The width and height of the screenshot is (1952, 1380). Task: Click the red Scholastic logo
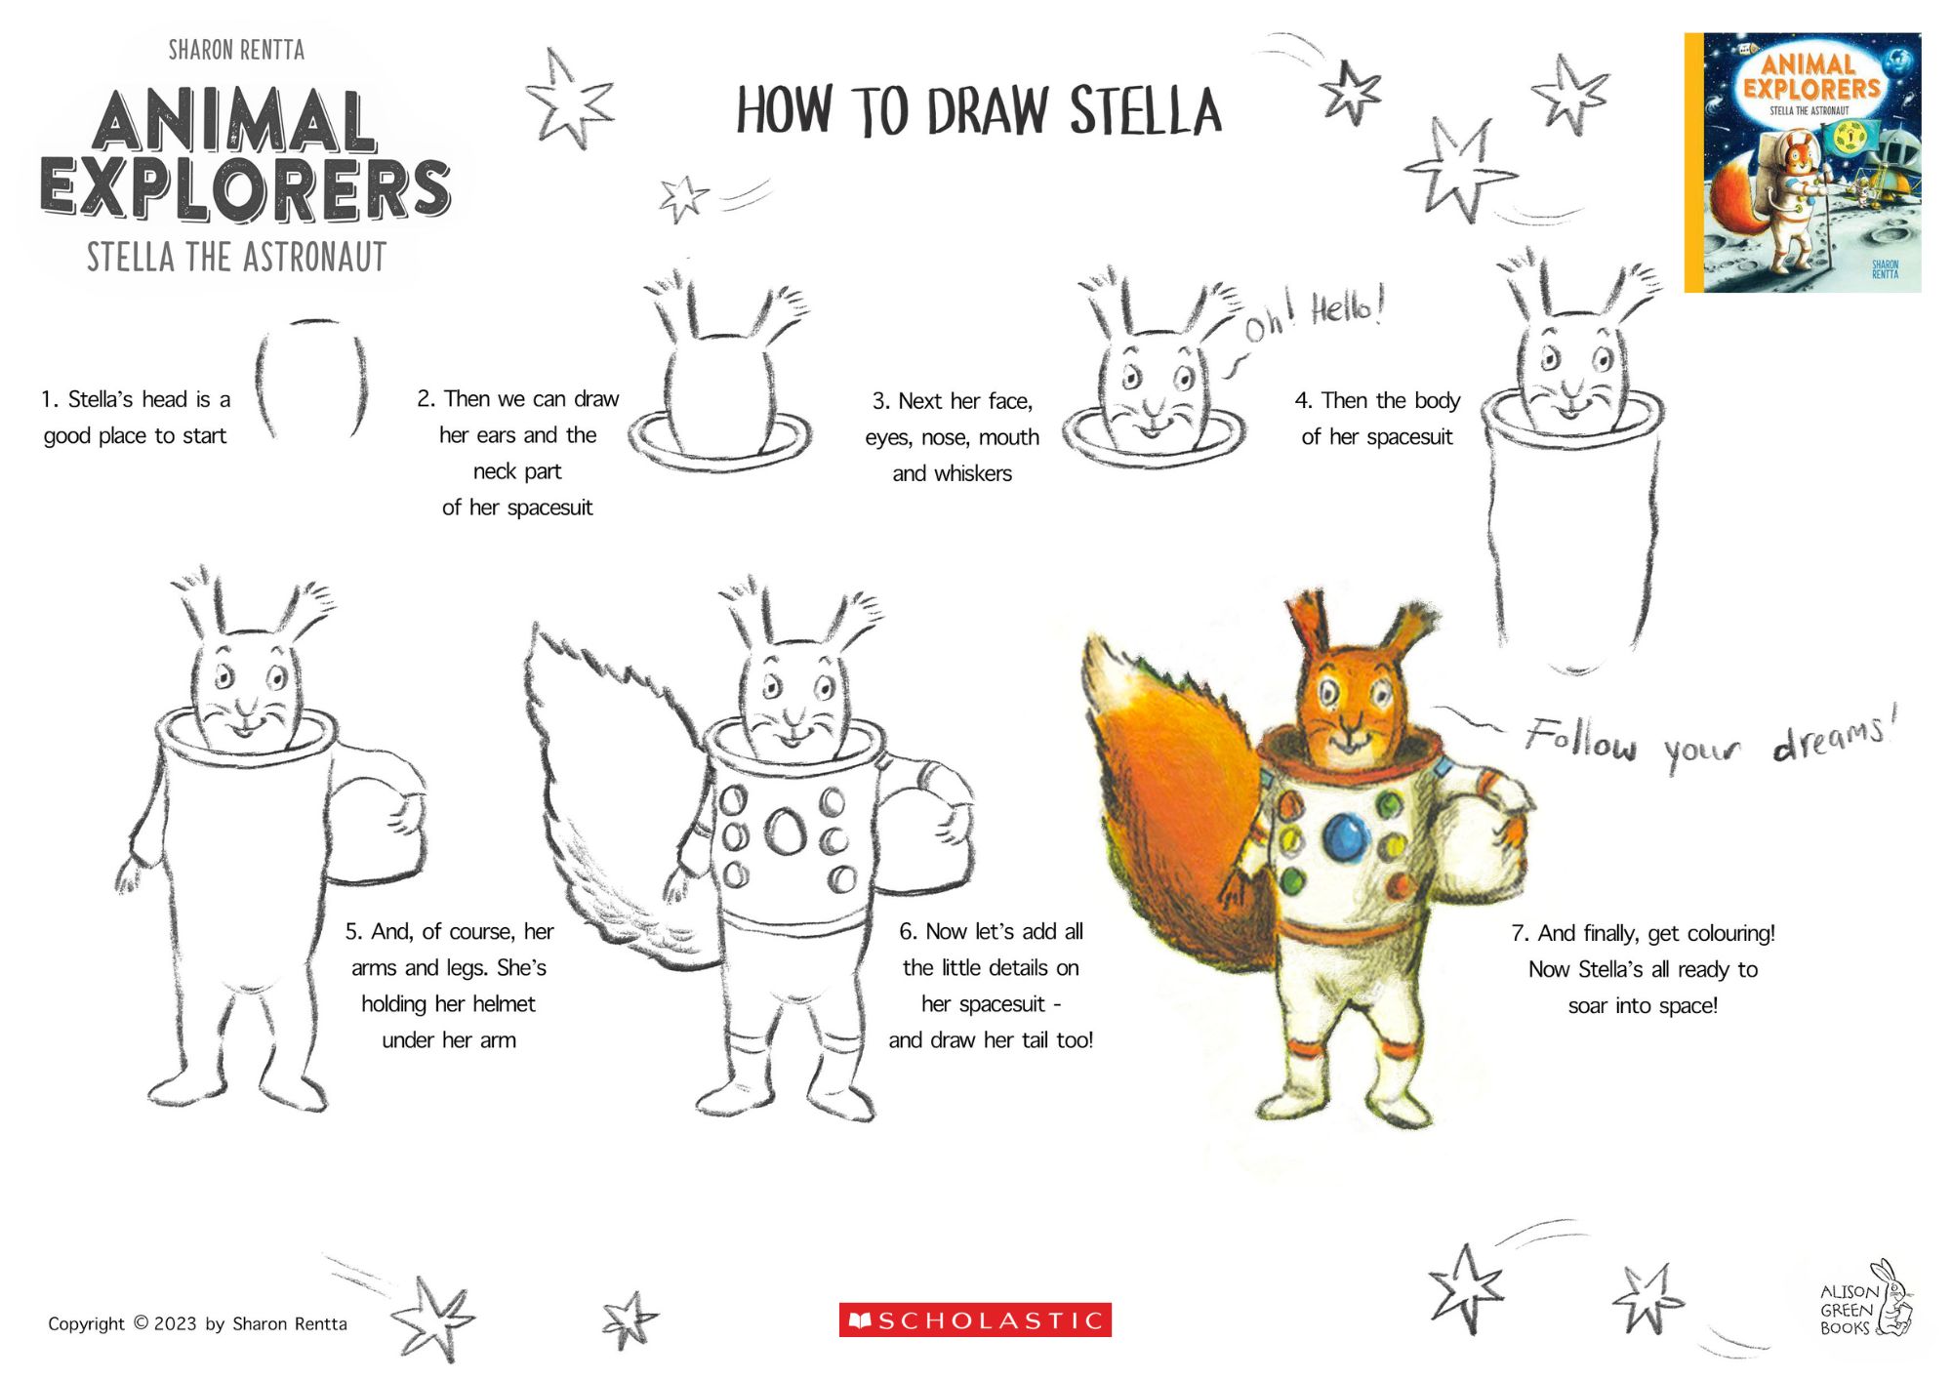pos(975,1320)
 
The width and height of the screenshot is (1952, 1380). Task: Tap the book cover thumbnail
pos(1803,163)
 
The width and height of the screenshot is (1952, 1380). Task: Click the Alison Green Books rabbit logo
pos(1866,1300)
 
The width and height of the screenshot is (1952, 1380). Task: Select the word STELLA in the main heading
pos(1146,110)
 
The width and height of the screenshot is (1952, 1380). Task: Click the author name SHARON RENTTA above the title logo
pos(236,50)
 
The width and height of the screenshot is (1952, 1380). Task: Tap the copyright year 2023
pos(175,1323)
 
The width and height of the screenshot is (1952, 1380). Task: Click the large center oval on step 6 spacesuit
pos(785,831)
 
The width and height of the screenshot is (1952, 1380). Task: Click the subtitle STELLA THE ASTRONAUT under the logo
pos(236,257)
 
